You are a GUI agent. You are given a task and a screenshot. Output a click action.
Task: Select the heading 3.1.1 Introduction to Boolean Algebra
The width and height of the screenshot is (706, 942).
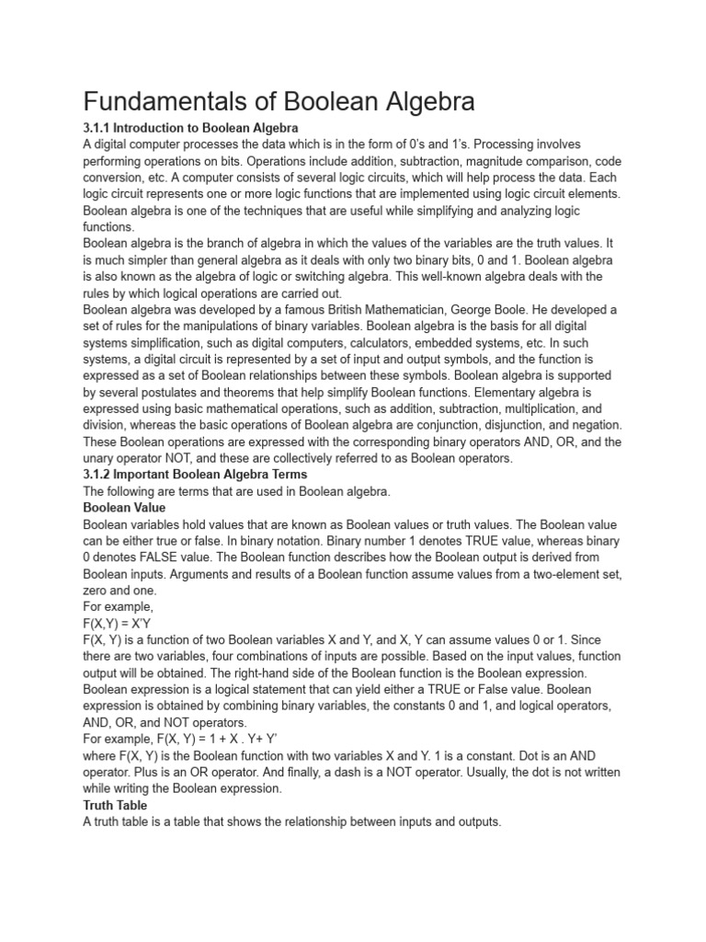[x=190, y=127]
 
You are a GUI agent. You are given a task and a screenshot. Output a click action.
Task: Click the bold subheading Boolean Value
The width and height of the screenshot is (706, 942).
[x=124, y=507]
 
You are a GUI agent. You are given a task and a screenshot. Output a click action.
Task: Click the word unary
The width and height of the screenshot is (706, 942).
[x=100, y=458]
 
